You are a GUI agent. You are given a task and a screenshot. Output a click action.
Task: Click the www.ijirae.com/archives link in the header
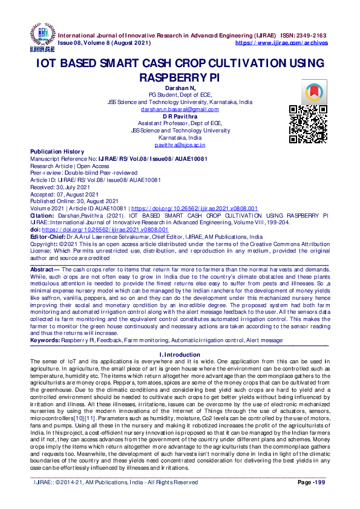point(281,44)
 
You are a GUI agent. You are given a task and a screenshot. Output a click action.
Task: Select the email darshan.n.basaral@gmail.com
point(180,109)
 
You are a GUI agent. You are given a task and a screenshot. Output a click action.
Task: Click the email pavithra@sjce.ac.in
point(180,145)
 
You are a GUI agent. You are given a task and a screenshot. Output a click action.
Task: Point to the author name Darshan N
point(180,88)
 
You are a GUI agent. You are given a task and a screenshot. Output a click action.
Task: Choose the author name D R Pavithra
point(180,116)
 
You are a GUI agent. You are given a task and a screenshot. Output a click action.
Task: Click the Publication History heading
point(57,152)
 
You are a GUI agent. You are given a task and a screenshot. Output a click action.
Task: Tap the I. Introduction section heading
point(180,354)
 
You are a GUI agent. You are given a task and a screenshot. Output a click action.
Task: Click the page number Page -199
point(312,482)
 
